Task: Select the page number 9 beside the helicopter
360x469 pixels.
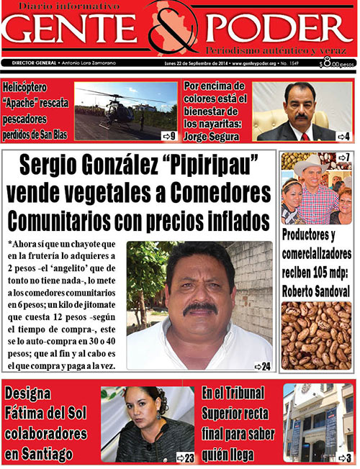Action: (170, 135)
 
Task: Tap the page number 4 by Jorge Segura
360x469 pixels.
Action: (345, 136)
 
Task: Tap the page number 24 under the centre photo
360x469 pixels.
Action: (263, 367)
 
